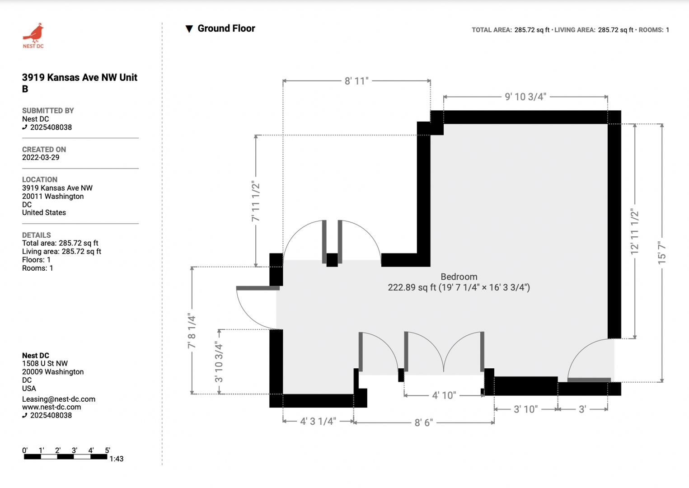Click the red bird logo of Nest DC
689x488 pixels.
pos(33,33)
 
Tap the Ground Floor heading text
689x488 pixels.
pos(226,28)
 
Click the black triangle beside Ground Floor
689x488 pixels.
pos(189,29)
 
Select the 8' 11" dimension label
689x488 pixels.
pos(356,81)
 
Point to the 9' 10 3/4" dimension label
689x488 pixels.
pos(525,97)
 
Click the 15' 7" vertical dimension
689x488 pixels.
pos(662,253)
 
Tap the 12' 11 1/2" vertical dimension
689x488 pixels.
pos(635,232)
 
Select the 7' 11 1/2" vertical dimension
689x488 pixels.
pos(256,202)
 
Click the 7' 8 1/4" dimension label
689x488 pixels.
pos(192,331)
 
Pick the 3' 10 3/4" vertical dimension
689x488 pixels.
pos(219,362)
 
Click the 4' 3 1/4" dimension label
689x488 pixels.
pos(318,421)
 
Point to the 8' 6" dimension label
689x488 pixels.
pos(423,422)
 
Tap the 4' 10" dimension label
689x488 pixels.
pos(444,395)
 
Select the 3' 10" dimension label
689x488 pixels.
pos(525,409)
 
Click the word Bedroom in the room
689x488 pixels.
pos(459,277)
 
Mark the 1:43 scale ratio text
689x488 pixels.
pos(116,459)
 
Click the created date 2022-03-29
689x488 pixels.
pos(41,158)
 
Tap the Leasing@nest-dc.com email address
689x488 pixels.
pos(59,399)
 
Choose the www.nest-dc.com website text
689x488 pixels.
pos(52,407)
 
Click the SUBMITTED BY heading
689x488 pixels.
pos(48,111)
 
